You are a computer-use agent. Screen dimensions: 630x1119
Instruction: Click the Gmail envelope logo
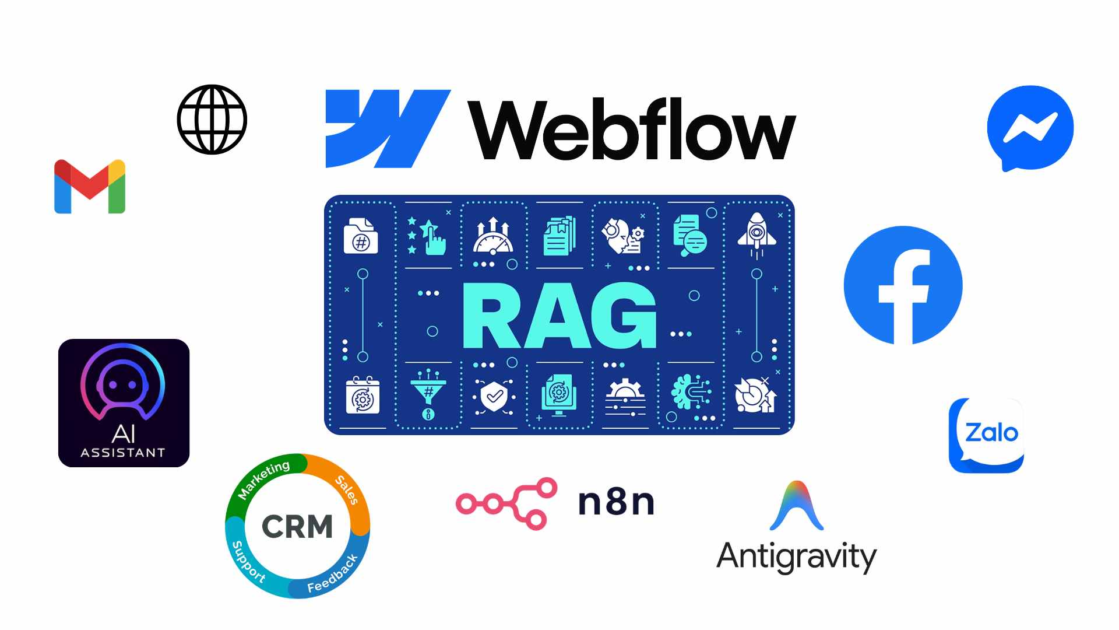click(x=90, y=186)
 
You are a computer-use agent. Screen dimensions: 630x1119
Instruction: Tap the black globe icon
click(x=212, y=120)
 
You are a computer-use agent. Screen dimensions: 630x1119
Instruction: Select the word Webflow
click(x=632, y=129)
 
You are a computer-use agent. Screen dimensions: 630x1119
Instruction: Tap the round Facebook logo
click(x=903, y=285)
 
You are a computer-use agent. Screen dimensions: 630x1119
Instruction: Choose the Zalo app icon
click(x=986, y=435)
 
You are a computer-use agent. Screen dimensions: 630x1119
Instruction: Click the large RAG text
click(x=559, y=316)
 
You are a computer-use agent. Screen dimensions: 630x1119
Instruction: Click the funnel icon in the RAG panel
click(x=428, y=394)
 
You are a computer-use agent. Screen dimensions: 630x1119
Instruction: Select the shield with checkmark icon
click(x=494, y=397)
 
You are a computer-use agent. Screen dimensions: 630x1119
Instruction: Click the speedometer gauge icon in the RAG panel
click(x=493, y=236)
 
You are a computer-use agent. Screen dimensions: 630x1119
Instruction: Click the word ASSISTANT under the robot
click(x=123, y=453)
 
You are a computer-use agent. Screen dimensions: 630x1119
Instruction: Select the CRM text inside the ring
click(x=297, y=527)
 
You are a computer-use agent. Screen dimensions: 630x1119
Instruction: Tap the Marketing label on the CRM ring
click(x=264, y=479)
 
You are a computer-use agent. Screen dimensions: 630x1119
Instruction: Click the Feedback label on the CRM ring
click(x=333, y=573)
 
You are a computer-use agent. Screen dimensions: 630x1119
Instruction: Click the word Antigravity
click(x=796, y=556)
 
